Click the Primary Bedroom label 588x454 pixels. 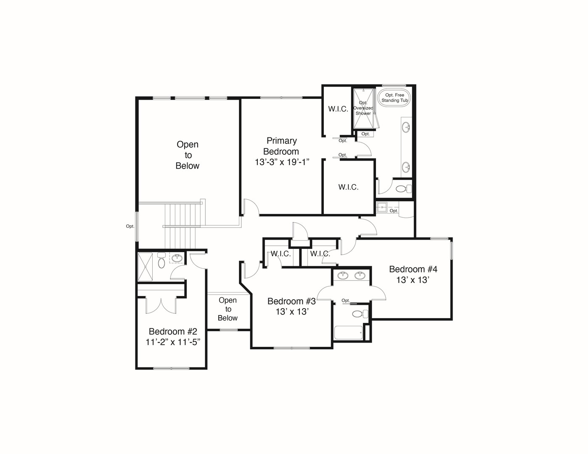281,146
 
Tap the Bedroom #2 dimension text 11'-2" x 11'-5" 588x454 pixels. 173,342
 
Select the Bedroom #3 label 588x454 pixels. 291,301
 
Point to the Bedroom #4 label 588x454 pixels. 413,269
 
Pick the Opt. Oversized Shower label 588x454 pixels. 363,108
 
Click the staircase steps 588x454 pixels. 180,226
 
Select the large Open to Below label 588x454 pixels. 188,155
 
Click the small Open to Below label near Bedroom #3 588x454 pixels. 228,309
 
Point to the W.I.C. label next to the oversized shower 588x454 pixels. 338,109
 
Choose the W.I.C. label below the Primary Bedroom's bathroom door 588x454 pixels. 348,187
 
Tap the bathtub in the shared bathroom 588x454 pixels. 348,333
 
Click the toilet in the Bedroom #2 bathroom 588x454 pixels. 162,260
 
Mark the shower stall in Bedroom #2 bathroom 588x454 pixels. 145,267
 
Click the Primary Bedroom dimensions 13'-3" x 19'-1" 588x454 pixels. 282,162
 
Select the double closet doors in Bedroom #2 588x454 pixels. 161,306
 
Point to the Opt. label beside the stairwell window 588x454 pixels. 130,226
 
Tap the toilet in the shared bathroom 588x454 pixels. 360,314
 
